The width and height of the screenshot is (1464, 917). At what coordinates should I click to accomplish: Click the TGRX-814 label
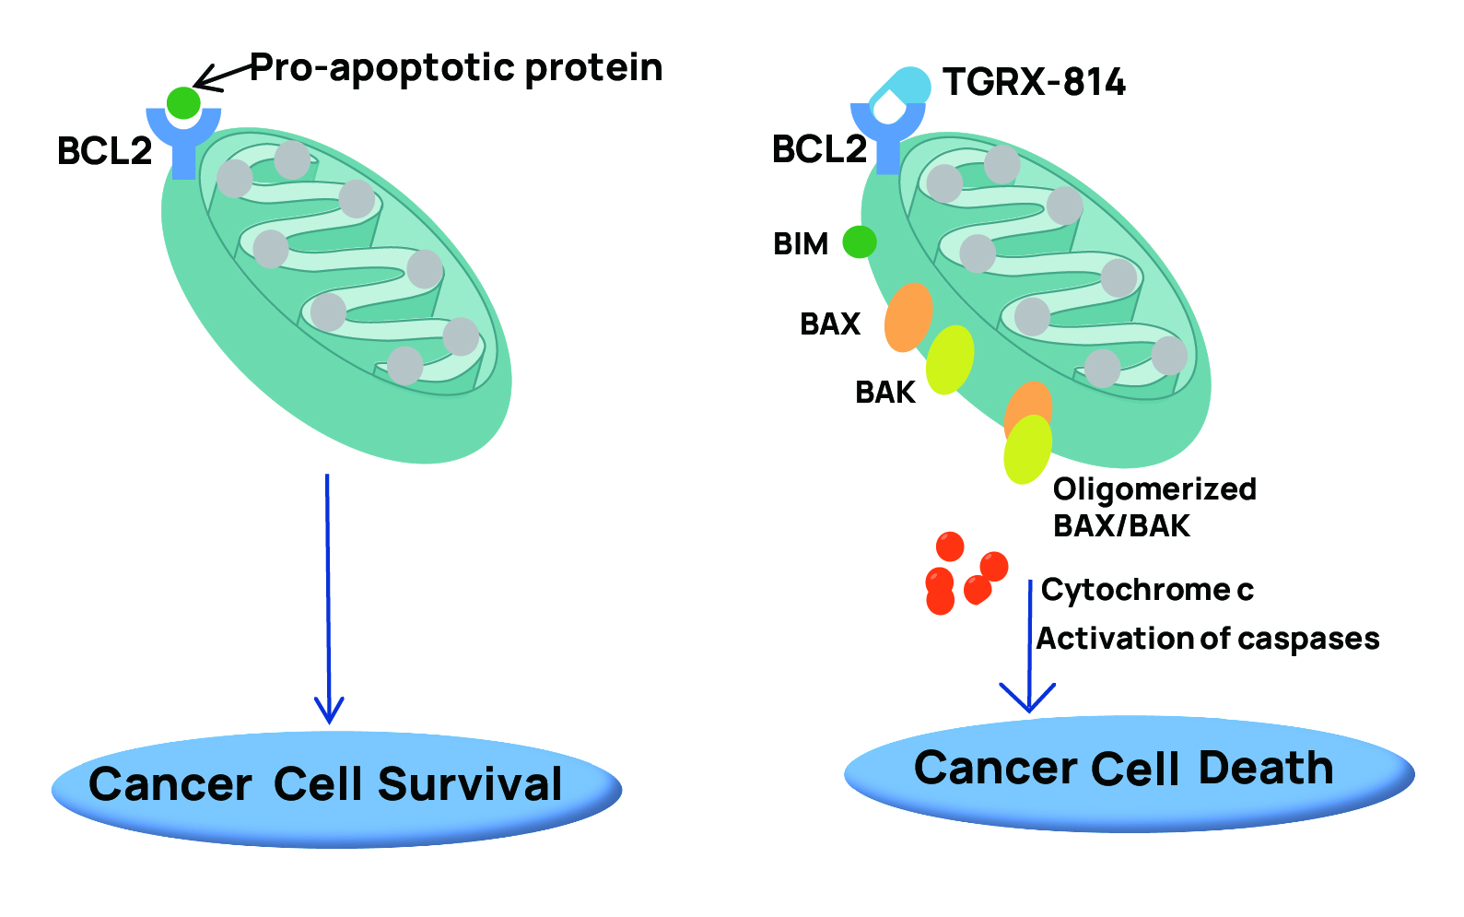pyautogui.click(x=1034, y=82)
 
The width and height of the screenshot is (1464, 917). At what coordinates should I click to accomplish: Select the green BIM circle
pyautogui.click(x=860, y=241)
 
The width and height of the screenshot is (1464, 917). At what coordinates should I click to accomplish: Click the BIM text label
pyautogui.click(x=801, y=244)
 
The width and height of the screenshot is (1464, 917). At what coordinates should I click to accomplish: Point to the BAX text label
pyautogui.click(x=830, y=323)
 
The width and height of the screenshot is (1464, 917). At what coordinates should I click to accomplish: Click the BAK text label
pyautogui.click(x=885, y=393)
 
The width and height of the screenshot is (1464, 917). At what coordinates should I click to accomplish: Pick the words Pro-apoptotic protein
pyautogui.click(x=456, y=68)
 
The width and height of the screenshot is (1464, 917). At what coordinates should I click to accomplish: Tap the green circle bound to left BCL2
pyautogui.click(x=183, y=103)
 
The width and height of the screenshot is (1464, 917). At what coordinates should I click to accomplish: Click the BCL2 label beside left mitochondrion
pyautogui.click(x=105, y=150)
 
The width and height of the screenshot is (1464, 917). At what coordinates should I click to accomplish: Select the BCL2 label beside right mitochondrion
pyautogui.click(x=820, y=148)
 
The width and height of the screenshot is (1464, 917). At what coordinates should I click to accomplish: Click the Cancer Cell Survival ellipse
pyautogui.click(x=336, y=790)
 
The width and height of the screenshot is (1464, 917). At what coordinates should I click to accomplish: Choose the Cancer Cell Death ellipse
pyautogui.click(x=1130, y=774)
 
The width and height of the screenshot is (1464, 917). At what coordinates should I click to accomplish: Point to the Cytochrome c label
pyautogui.click(x=1147, y=590)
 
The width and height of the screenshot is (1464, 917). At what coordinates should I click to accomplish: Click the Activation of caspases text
pyautogui.click(x=1208, y=639)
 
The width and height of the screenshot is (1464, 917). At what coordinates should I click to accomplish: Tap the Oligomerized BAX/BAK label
pyautogui.click(x=1154, y=507)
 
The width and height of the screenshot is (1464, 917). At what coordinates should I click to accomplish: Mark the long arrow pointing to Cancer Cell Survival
pyautogui.click(x=328, y=599)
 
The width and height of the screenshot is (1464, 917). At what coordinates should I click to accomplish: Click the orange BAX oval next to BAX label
pyautogui.click(x=908, y=317)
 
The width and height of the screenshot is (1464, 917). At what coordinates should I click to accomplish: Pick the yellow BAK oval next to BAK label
pyautogui.click(x=950, y=359)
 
